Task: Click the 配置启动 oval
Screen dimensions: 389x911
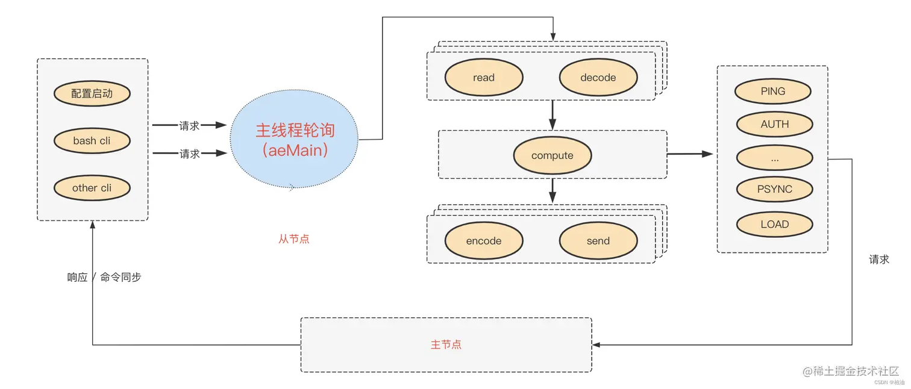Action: pyautogui.click(x=92, y=93)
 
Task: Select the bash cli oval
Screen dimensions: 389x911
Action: pyautogui.click(x=92, y=141)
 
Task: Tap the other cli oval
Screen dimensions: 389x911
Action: pyautogui.click(x=92, y=188)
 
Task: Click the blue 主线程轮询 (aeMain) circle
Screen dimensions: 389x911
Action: pyautogui.click(x=295, y=140)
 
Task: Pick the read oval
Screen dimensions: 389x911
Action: pyautogui.click(x=484, y=78)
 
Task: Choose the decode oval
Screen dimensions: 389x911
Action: pyautogui.click(x=598, y=78)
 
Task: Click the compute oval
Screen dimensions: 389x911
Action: pyautogui.click(x=553, y=155)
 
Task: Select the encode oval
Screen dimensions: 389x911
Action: pyautogui.click(x=484, y=241)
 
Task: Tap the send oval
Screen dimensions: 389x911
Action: pyautogui.click(x=598, y=241)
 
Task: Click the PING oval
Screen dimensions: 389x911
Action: pyautogui.click(x=773, y=92)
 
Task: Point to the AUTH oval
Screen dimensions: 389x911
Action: pyautogui.click(x=775, y=125)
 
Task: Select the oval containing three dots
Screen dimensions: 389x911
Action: pyautogui.click(x=775, y=158)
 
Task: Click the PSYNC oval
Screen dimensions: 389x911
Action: pyautogui.click(x=775, y=189)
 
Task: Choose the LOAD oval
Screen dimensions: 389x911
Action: pyautogui.click(x=775, y=224)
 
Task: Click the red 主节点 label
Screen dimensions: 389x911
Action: pyautogui.click(x=446, y=344)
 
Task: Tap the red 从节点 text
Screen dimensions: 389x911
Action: pyautogui.click(x=294, y=239)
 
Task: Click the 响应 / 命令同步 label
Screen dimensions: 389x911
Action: pyautogui.click(x=104, y=278)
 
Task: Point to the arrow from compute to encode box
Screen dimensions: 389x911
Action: pyautogui.click(x=553, y=191)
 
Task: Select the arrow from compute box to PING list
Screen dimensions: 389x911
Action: pyautogui.click(x=690, y=154)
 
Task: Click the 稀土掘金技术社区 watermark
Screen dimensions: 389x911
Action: pyautogui.click(x=851, y=372)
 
